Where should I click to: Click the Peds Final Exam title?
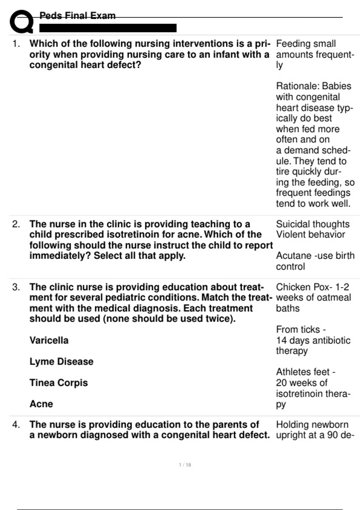pos(77,16)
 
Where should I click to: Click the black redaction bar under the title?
pos(108,28)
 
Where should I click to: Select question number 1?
pos(16,44)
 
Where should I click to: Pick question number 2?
pos(16,224)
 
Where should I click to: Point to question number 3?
pos(16,287)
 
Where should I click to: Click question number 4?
pos(16,424)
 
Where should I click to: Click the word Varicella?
pos(49,340)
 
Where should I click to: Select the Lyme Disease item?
pos(61,361)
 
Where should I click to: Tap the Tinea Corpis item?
pos(58,383)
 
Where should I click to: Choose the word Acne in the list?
pos(41,404)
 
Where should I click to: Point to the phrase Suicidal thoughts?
pos(313,224)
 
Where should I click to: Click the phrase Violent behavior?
pos(310,235)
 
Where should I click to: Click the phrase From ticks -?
pos(301,329)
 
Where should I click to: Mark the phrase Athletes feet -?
pos(305,372)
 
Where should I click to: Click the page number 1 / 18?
pos(185,465)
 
